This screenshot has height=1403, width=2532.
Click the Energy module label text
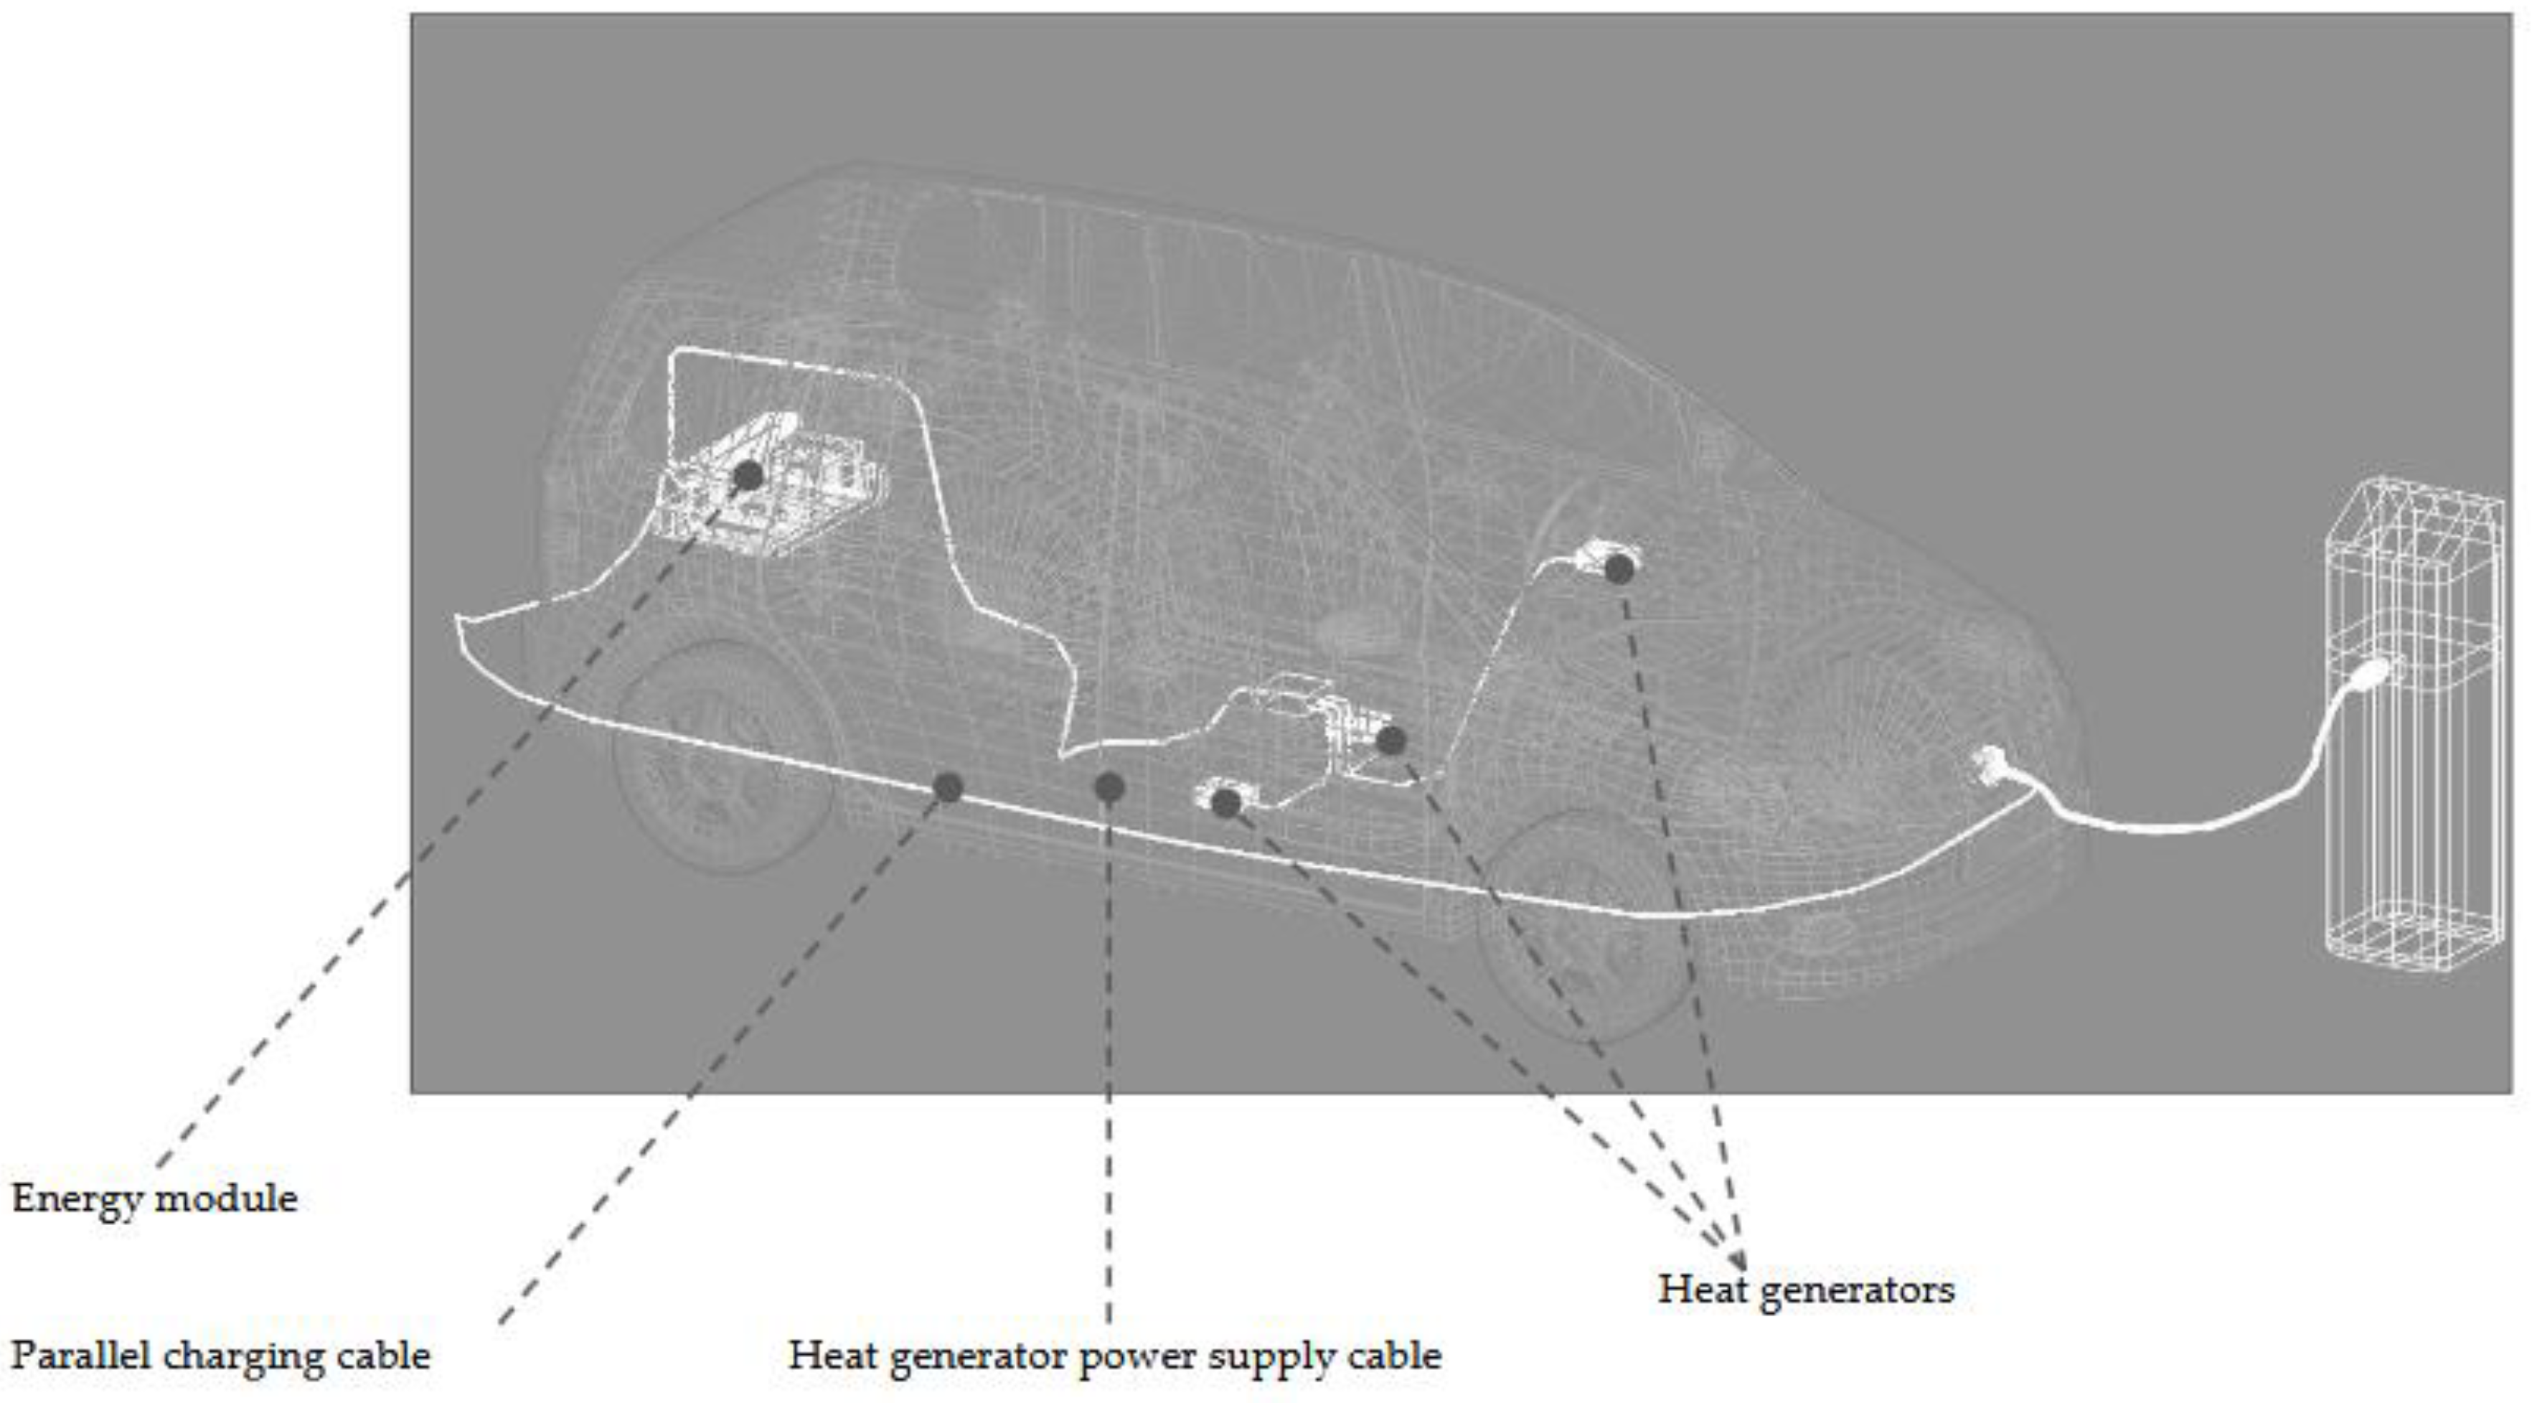click(154, 1198)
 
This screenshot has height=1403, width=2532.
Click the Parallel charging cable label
click(220, 1356)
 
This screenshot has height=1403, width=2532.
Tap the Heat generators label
click(1806, 1289)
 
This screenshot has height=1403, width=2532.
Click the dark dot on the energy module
click(748, 476)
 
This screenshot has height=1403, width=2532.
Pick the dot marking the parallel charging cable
click(948, 787)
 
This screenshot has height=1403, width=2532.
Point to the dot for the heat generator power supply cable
click(1109, 787)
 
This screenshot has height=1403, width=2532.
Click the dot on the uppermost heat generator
click(1619, 568)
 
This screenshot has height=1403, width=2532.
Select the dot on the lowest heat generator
click(1225, 803)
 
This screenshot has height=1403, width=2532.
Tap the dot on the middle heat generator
click(1390, 741)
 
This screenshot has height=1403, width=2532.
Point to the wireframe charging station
click(2413, 728)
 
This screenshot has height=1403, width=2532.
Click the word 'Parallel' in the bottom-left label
click(79, 1356)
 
